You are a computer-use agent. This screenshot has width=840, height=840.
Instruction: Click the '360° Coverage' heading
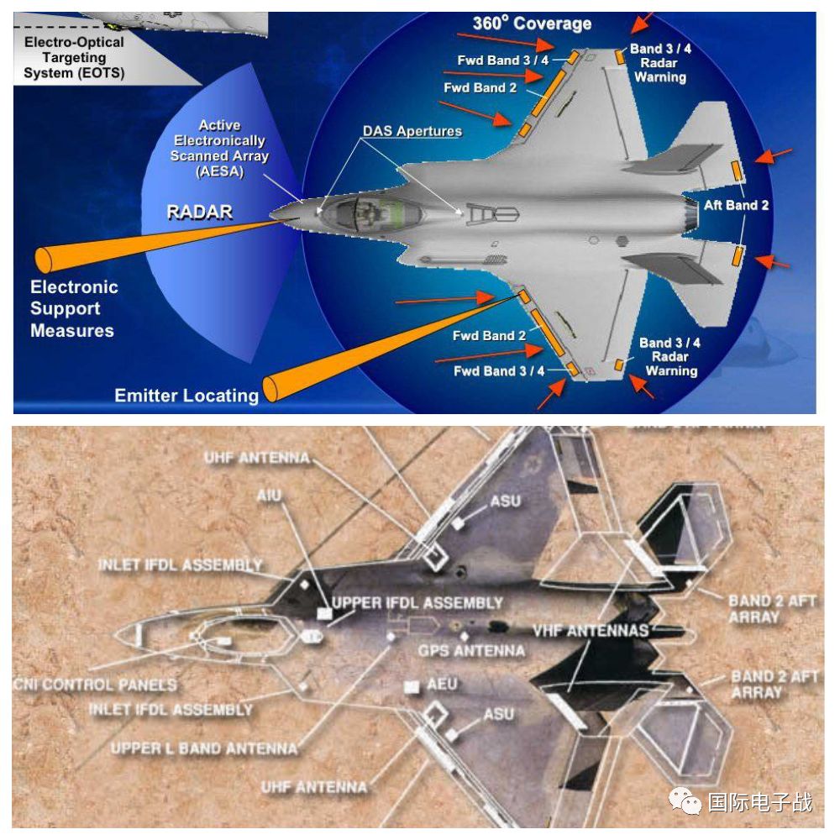[x=532, y=24]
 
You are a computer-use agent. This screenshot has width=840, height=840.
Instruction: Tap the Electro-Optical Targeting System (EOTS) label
[x=73, y=58]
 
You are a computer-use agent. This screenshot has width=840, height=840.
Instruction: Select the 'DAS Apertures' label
[x=412, y=132]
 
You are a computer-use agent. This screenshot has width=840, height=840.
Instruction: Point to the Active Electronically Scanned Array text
[x=219, y=149]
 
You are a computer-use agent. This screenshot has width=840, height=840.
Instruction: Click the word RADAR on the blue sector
[x=199, y=211]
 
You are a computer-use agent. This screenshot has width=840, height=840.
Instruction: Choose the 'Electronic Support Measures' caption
[x=74, y=308]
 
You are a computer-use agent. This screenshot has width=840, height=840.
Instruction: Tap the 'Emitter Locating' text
[x=186, y=395]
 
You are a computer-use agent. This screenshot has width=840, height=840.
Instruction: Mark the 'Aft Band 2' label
[x=737, y=205]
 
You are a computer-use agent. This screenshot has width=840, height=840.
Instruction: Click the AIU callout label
[x=270, y=497]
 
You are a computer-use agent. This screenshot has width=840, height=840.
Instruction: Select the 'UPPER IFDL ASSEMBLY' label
[x=417, y=603]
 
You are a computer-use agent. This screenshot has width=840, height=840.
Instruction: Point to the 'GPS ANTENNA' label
[x=471, y=651]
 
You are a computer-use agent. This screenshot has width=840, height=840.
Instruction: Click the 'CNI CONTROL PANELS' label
[x=95, y=685]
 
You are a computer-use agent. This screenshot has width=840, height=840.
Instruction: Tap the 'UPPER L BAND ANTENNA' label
[x=204, y=748]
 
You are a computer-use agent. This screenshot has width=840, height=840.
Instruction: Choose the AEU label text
[x=442, y=685]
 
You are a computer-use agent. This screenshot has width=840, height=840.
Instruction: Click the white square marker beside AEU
[x=411, y=687]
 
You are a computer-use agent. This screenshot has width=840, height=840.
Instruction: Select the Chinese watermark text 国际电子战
[x=760, y=802]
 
